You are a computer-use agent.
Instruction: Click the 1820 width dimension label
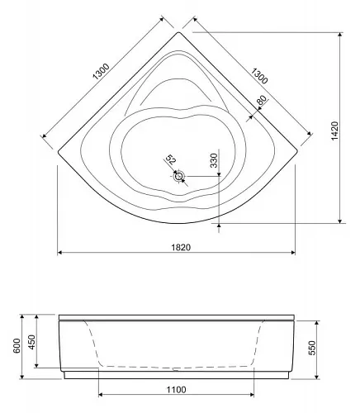181,247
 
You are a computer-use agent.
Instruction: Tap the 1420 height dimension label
334,131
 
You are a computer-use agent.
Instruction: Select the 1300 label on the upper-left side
102,72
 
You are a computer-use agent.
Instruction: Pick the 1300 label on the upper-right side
258,76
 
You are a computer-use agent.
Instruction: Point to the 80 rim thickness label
262,100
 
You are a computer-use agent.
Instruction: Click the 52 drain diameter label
170,159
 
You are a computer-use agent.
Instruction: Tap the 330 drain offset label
214,160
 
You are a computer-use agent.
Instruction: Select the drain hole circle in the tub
179,176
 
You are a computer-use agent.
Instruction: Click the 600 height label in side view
17,346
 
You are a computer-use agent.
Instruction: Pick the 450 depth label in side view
32,342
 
